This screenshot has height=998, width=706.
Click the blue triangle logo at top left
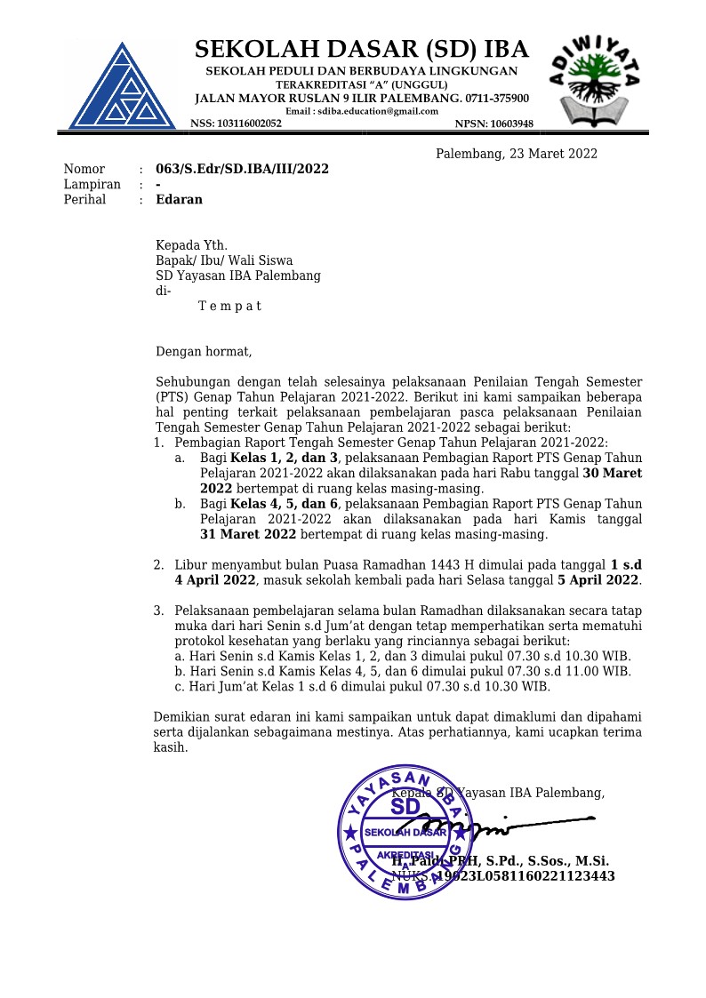pyautogui.click(x=122, y=85)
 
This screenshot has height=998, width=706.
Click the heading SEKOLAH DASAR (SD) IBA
pyautogui.click(x=361, y=49)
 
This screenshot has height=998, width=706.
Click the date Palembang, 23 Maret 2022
pyautogui.click(x=516, y=154)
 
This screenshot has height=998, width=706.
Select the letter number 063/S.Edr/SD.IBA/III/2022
pyautogui.click(x=242, y=169)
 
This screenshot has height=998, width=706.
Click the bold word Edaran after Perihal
pyautogui.click(x=179, y=199)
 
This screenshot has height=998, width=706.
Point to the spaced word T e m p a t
pyautogui.click(x=229, y=306)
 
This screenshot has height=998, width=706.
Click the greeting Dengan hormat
pyautogui.click(x=204, y=351)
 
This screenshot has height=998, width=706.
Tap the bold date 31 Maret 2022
pyautogui.click(x=248, y=534)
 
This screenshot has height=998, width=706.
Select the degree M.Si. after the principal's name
pyautogui.click(x=590, y=860)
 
